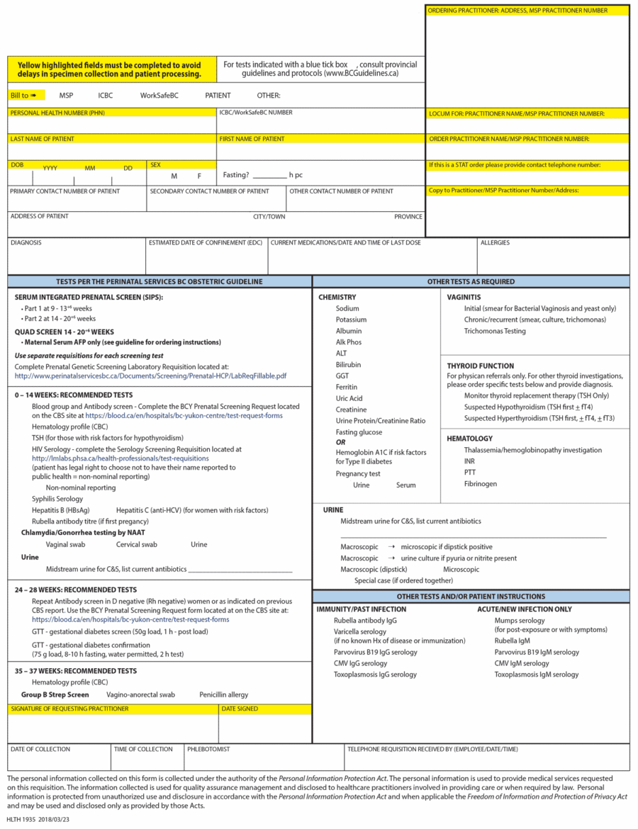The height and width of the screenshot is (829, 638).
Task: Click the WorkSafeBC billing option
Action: [159, 95]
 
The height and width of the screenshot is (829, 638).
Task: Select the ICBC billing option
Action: [105, 95]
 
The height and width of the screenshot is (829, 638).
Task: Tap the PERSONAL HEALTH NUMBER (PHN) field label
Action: [57, 113]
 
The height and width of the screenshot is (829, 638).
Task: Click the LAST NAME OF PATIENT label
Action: [42, 139]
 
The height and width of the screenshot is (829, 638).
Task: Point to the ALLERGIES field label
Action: [495, 242]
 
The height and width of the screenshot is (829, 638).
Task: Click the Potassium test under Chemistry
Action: [351, 320]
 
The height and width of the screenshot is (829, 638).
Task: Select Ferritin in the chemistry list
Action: [347, 387]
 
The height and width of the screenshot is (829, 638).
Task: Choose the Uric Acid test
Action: [349, 398]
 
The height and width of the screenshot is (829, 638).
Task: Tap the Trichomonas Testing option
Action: [495, 331]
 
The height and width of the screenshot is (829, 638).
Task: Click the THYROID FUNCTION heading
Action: [480, 366]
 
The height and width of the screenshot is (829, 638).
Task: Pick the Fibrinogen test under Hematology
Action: [481, 484]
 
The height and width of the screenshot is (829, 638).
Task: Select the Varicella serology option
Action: [360, 631]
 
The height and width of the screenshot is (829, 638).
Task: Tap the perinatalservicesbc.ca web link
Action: [150, 376]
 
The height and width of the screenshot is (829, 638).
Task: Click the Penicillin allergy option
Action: [224, 694]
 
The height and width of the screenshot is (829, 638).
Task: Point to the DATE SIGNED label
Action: [240, 709]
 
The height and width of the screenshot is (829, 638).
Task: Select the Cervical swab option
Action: [137, 544]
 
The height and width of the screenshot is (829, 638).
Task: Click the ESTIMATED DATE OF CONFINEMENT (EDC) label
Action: [206, 242]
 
